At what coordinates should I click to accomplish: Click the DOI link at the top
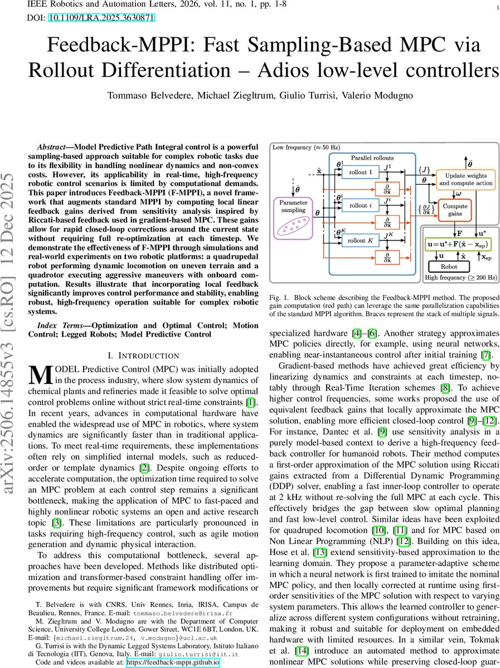(103, 18)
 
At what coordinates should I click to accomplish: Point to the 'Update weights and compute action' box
(465, 179)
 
